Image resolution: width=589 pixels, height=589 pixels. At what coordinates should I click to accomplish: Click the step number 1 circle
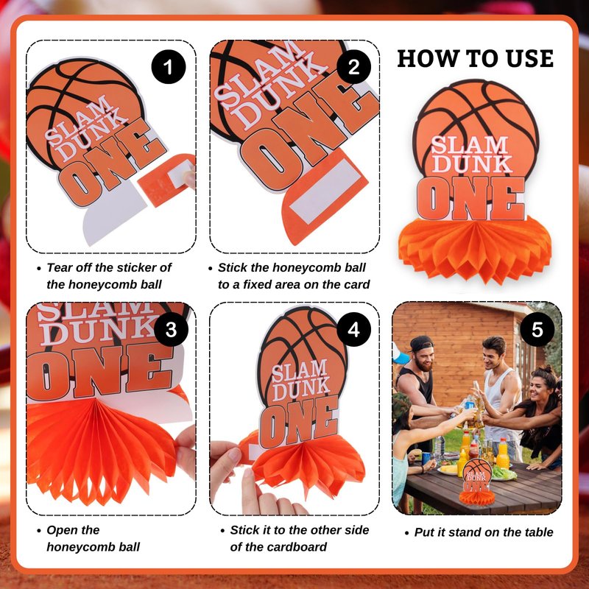[169, 67]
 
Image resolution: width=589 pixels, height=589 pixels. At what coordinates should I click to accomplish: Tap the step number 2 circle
[353, 67]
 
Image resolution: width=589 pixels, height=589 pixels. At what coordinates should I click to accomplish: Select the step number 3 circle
[171, 329]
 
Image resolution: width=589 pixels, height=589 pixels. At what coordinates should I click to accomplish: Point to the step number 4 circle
[353, 329]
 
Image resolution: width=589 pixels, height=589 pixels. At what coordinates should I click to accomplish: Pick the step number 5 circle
[537, 329]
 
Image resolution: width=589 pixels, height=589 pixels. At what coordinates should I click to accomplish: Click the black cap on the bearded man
[420, 343]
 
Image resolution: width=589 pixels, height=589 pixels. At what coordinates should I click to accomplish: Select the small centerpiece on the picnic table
[476, 482]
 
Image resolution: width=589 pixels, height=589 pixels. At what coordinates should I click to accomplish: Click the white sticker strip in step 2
[325, 191]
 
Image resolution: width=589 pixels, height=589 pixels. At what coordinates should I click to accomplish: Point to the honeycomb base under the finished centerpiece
[475, 249]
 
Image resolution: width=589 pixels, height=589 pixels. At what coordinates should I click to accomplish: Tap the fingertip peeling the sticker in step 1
[190, 177]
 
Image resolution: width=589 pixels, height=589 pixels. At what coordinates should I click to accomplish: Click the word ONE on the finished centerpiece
[470, 198]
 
